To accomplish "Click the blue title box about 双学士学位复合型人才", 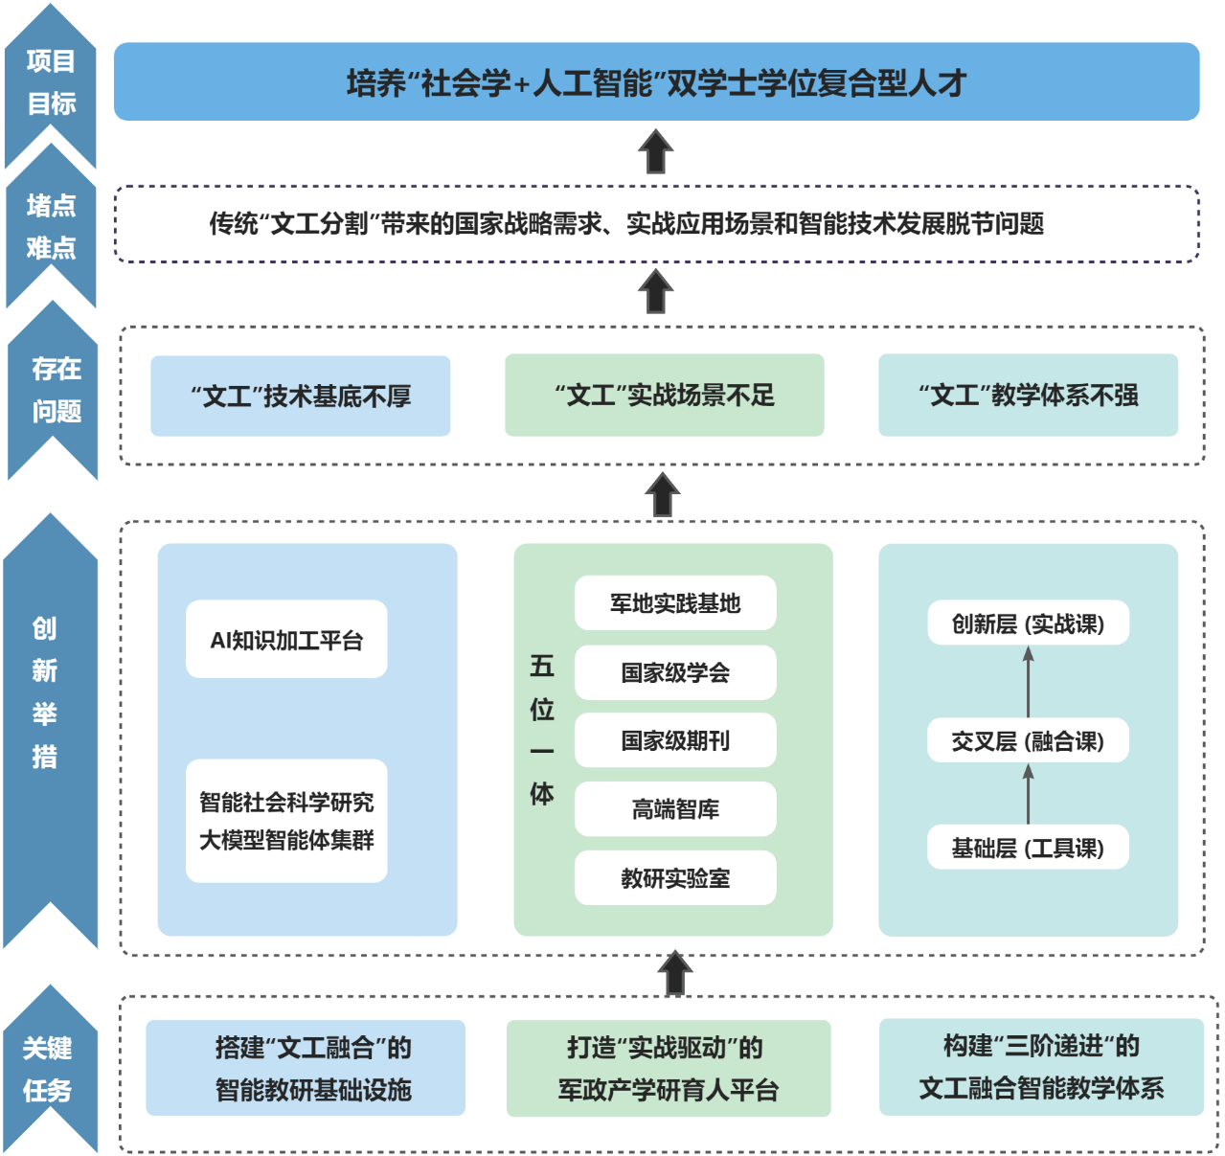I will tap(656, 82).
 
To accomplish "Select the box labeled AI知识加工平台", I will tap(286, 640).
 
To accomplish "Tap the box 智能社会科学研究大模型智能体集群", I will tap(286, 821).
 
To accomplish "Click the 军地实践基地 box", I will tap(675, 603).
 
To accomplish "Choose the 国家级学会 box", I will tap(675, 672).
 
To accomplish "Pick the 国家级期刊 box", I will tap(675, 740).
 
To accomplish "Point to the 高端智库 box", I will tap(675, 809).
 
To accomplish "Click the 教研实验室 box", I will tap(675, 878).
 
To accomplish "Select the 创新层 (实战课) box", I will tap(1028, 624).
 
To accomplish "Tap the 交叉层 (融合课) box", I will tap(1028, 741).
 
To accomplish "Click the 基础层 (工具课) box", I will tap(1028, 848).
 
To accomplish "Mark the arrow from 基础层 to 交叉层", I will tap(1028, 794).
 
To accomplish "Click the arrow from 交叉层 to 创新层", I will tap(1028, 682).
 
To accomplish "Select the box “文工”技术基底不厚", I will tap(301, 397).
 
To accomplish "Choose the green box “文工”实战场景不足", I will tap(665, 396).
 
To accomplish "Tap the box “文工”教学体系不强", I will tap(1028, 396).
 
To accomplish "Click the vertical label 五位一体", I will tap(542, 729).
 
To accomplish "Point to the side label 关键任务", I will tap(48, 1069).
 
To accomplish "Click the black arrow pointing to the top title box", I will tap(656, 151).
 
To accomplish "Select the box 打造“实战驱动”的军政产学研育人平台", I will tap(669, 1068).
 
